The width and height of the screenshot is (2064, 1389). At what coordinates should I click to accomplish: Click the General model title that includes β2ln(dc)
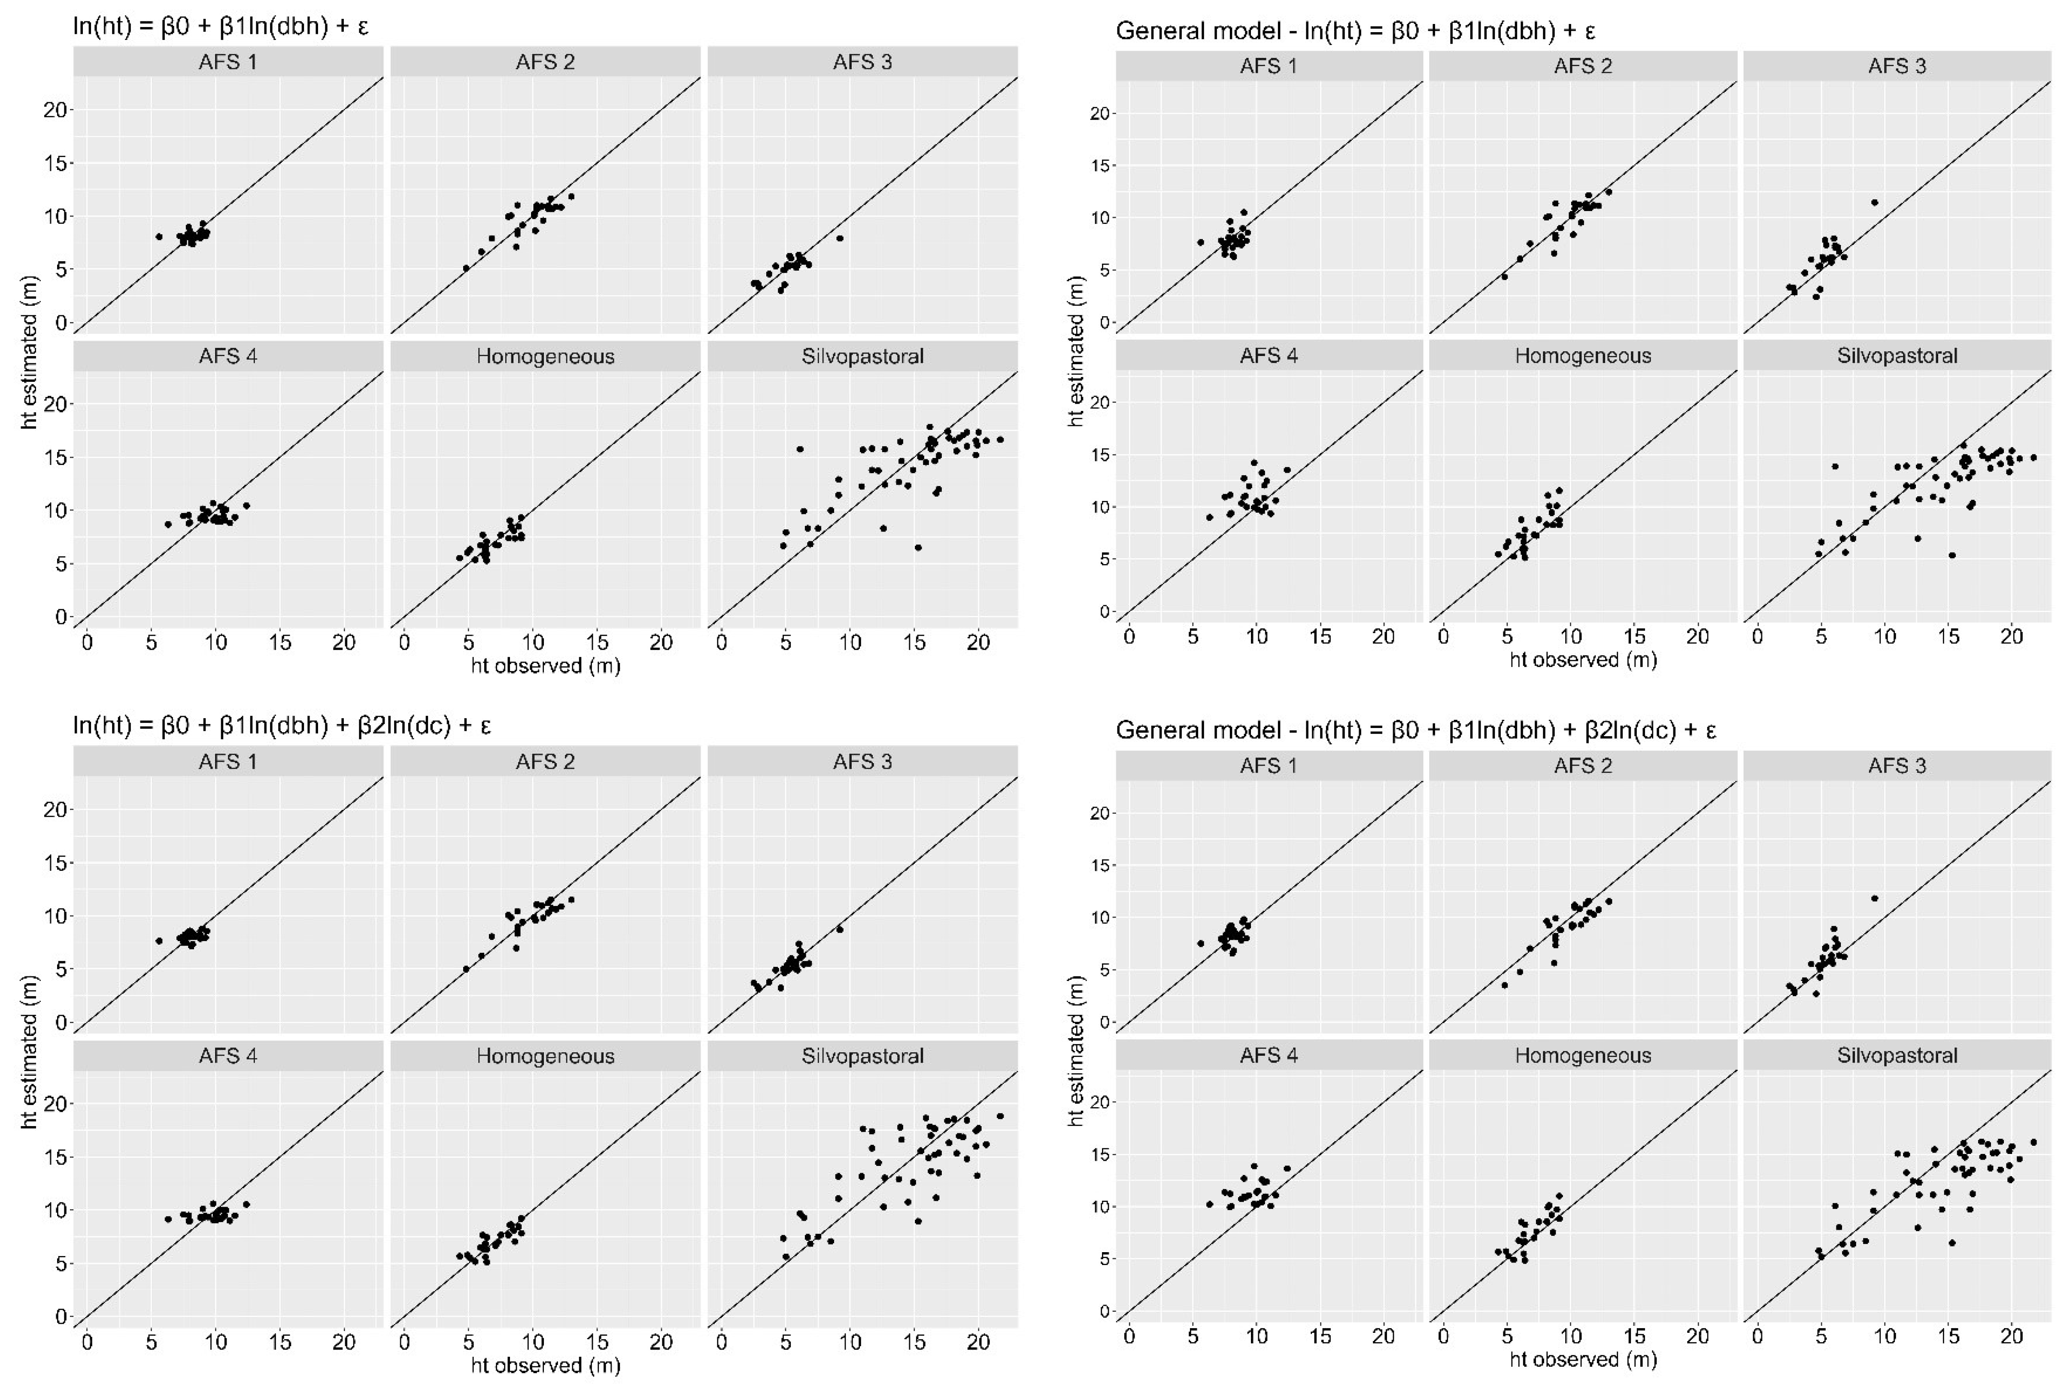(x=1415, y=730)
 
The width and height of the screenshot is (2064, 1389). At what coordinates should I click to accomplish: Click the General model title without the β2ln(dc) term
(x=1355, y=31)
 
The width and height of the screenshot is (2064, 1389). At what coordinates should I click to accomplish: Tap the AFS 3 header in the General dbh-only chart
(x=1897, y=66)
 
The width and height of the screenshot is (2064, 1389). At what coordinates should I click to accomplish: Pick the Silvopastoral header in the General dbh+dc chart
(x=1897, y=1055)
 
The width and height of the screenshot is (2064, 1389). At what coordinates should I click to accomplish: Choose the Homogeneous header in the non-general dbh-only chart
(x=545, y=356)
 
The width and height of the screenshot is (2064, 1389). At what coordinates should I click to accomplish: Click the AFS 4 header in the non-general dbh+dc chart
(x=228, y=1056)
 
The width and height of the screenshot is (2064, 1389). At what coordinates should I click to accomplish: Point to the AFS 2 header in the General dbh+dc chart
(x=1583, y=765)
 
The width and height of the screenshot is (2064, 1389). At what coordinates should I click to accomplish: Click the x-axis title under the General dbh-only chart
(x=1583, y=659)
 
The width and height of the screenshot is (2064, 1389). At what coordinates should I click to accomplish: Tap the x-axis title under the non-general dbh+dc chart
(x=545, y=1365)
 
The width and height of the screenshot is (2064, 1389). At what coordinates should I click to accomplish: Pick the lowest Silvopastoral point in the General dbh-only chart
(x=1952, y=556)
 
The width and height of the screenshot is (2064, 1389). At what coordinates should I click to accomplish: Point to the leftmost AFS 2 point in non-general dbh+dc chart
(x=466, y=969)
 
